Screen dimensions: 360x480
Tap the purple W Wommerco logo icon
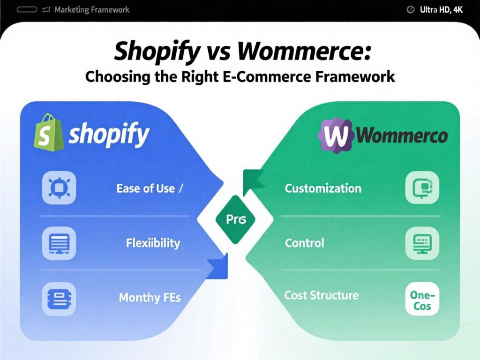[336, 135]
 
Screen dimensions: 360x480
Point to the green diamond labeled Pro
[232, 219]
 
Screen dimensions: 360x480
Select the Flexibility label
[153, 243]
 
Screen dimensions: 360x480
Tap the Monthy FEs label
[150, 298]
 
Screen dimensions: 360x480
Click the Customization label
[323, 188]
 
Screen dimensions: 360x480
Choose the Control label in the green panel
[304, 243]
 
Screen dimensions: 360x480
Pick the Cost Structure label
[322, 295]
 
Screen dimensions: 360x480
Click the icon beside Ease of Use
[59, 188]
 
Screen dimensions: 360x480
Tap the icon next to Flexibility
[59, 243]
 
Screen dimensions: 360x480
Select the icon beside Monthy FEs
[59, 298]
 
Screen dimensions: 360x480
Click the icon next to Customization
[422, 187]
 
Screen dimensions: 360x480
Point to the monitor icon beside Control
[422, 243]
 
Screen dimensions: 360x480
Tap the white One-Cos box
[422, 299]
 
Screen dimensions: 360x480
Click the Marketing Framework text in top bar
[92, 9]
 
